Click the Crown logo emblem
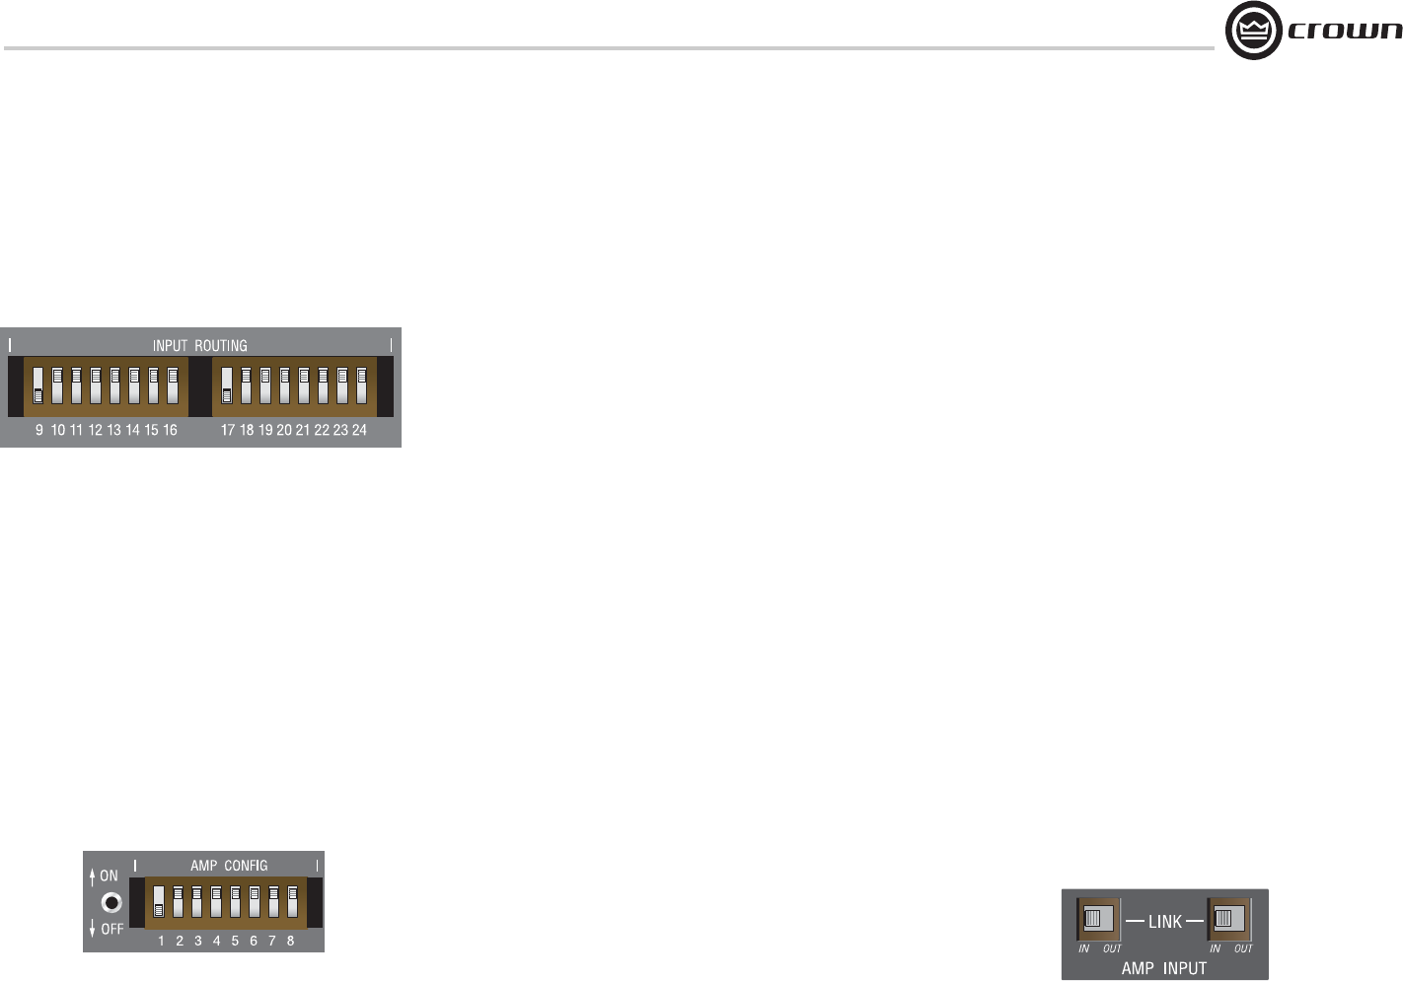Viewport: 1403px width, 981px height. pos(1253,31)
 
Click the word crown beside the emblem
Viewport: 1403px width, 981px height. pos(1345,31)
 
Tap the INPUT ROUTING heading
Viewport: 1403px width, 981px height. pos(199,346)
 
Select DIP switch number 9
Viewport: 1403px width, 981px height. pos(38,385)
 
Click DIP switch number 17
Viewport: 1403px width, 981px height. pos(227,385)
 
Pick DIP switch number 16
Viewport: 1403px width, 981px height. pos(173,385)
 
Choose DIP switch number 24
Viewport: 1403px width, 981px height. pos(361,385)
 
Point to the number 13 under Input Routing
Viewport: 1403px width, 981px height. pos(114,431)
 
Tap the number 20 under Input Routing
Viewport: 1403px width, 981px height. pos(284,431)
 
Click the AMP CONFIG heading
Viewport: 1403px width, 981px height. pos(229,866)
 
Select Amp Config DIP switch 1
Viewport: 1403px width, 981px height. pos(159,902)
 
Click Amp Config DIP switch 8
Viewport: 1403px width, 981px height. pos(292,902)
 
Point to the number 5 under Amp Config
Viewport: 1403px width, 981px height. pos(235,942)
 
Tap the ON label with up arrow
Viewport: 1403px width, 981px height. pos(104,876)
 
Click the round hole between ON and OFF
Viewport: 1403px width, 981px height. pos(112,902)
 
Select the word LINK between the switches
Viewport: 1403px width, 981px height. pos(1164,922)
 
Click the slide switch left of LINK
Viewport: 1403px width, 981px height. pos(1098,919)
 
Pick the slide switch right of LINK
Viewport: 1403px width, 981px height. pos(1228,919)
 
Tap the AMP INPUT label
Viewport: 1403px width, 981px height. pos(1163,968)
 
